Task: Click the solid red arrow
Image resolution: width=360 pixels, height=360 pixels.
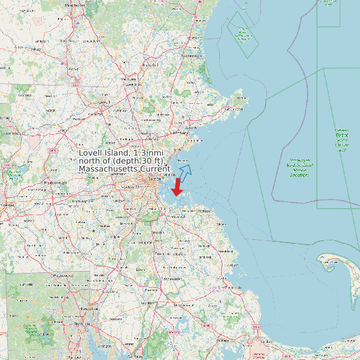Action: (177, 187)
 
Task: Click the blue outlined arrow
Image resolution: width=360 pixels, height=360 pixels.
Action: (185, 172)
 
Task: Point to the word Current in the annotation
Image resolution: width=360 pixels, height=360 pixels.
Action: (156, 169)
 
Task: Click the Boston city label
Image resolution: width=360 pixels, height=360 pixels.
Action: (155, 179)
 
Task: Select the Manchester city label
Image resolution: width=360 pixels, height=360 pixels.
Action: (75, 5)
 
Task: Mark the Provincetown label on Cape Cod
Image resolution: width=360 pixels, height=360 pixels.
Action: (328, 262)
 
